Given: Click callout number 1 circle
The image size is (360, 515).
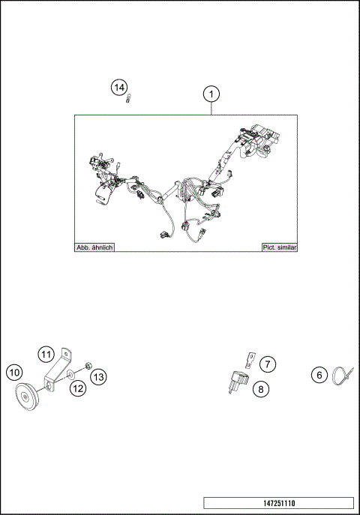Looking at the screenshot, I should pyautogui.click(x=212, y=94).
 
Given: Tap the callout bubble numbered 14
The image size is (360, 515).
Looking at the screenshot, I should pyautogui.click(x=118, y=88).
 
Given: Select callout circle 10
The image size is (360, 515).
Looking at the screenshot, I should pyautogui.click(x=13, y=372).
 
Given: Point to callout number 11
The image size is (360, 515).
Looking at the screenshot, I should pyautogui.click(x=46, y=354).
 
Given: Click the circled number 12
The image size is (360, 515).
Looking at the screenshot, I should pyautogui.click(x=78, y=388).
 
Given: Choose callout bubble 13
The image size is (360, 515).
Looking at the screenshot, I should pyautogui.click(x=100, y=376).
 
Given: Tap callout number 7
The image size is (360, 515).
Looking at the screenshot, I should pyautogui.click(x=268, y=364).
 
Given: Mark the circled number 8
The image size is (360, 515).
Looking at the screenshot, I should pyautogui.click(x=260, y=388).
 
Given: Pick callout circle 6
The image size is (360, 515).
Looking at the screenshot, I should pyautogui.click(x=319, y=376).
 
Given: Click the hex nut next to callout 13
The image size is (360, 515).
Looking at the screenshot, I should pyautogui.click(x=87, y=366).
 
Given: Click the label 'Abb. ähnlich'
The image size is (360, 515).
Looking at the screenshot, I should pyautogui.click(x=94, y=247).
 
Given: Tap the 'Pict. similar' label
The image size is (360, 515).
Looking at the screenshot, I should pyautogui.click(x=278, y=247).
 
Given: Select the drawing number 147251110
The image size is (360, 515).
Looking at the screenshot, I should pyautogui.click(x=277, y=502).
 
